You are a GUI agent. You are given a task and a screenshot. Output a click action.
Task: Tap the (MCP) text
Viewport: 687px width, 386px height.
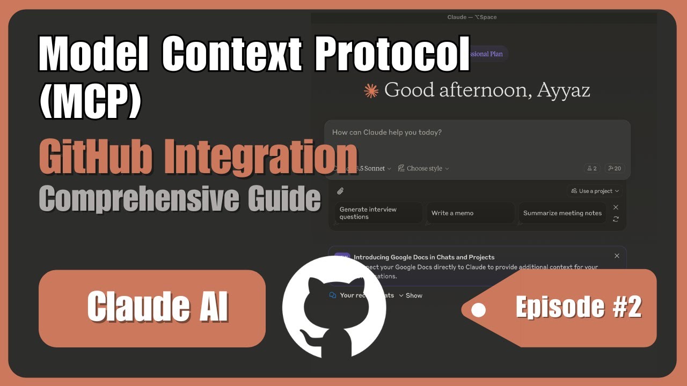(x=90, y=100)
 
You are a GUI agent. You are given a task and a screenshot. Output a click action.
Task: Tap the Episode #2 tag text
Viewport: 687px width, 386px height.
(x=578, y=307)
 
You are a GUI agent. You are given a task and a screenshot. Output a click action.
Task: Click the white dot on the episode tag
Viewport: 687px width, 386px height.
(x=478, y=310)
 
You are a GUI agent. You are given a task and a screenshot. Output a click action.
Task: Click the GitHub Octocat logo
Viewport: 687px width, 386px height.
(x=334, y=308)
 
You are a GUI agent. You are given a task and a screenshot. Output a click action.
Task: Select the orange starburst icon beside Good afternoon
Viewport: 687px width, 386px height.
(x=371, y=91)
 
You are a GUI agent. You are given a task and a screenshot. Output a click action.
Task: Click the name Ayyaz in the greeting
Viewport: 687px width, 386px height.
(x=563, y=90)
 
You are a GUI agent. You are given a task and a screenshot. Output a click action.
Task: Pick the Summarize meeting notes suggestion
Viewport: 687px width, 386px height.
(x=562, y=213)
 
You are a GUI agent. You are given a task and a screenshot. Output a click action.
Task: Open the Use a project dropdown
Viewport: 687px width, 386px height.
(x=595, y=191)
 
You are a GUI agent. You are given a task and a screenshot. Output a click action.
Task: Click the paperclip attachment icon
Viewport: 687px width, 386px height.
(x=340, y=191)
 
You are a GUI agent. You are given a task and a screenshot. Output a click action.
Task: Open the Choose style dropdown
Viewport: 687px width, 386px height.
(x=423, y=168)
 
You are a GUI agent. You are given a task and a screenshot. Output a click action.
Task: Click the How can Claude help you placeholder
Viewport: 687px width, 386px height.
(x=386, y=132)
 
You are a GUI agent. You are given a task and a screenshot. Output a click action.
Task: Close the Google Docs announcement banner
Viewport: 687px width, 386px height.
(x=617, y=256)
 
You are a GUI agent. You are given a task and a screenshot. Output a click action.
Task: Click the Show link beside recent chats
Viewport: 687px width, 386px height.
(x=413, y=295)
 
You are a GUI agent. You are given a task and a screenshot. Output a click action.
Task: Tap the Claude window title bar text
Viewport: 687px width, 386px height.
(x=472, y=17)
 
